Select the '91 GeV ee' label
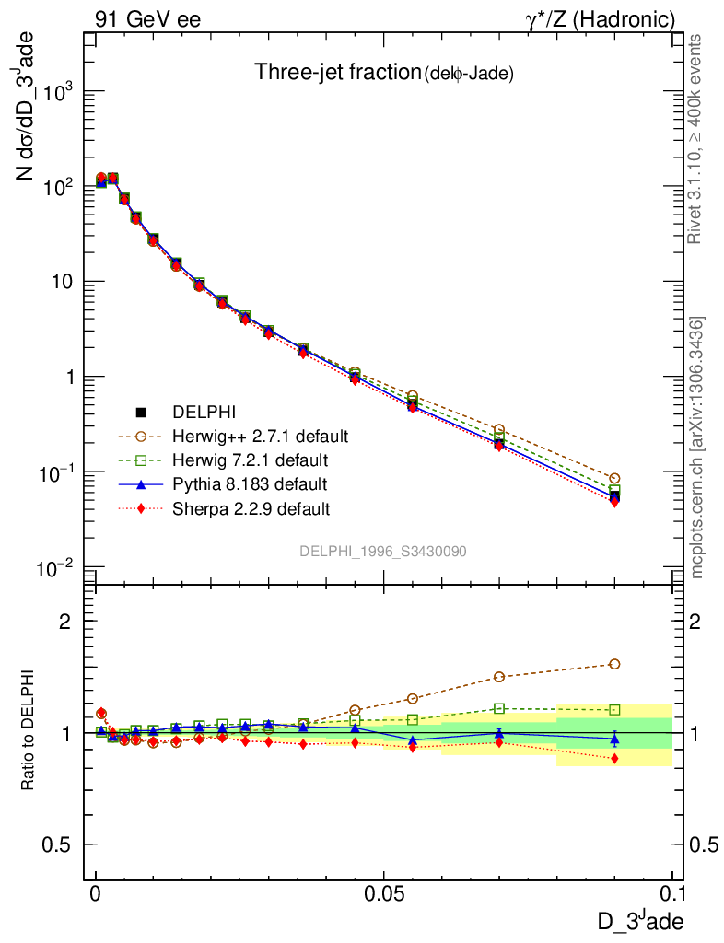(147, 18)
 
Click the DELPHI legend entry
(198, 412)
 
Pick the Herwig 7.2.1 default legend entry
(250, 459)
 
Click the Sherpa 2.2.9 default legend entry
(251, 507)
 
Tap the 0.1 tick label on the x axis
(672, 893)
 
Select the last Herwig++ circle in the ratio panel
(614, 664)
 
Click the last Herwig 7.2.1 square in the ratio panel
(614, 710)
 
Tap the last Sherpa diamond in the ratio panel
(614, 758)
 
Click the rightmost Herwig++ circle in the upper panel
(614, 478)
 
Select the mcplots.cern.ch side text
(697, 448)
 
